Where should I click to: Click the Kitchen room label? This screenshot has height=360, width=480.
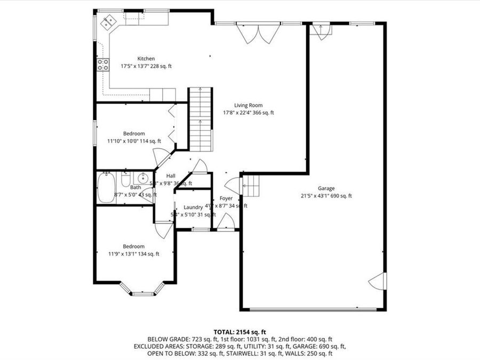click(x=146, y=59)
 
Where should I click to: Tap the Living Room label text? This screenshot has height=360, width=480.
click(x=249, y=105)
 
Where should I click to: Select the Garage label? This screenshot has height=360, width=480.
click(x=326, y=188)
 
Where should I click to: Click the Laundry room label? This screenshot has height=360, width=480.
click(x=193, y=207)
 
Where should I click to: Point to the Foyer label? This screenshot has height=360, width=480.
click(x=226, y=198)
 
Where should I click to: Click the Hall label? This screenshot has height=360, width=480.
click(x=171, y=176)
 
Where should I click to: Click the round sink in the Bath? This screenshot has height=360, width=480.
click(x=142, y=178)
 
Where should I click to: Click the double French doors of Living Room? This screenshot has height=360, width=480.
click(x=258, y=33)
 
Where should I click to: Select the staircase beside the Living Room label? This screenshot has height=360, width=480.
click(x=201, y=120)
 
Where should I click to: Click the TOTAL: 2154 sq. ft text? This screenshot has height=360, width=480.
click(x=239, y=331)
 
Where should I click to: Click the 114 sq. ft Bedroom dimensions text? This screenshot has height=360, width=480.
click(x=133, y=141)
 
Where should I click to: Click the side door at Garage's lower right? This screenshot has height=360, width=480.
click(x=377, y=281)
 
